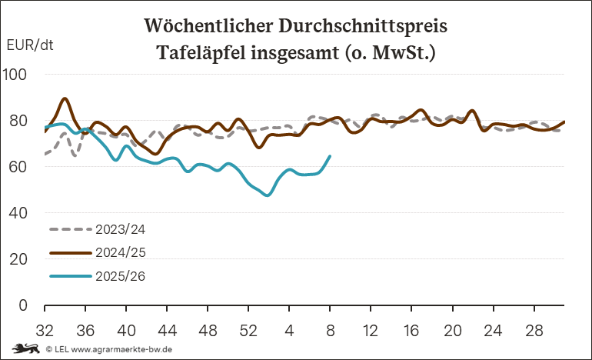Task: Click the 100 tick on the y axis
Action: click(15, 75)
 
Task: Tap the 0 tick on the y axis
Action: click(23, 305)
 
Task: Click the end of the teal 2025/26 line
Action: click(330, 156)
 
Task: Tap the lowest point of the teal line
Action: click(268, 195)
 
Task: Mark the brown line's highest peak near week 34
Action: click(65, 98)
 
